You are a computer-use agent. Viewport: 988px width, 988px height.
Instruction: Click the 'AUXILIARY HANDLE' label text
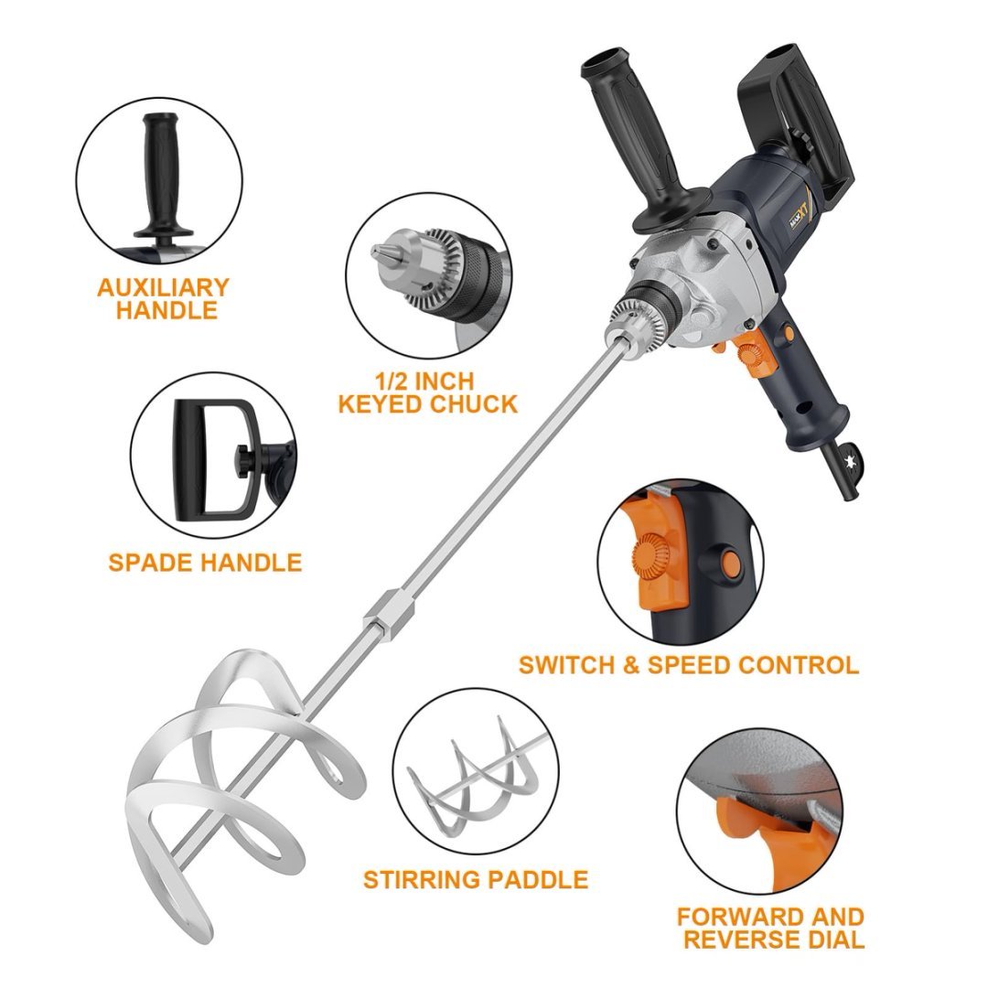pyautogui.click(x=163, y=298)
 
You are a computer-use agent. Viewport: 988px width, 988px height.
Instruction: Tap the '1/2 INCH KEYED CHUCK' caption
pyautogui.click(x=427, y=392)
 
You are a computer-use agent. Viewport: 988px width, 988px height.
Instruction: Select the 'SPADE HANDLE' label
pyautogui.click(x=205, y=562)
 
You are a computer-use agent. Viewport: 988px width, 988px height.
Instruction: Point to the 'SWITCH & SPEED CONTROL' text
pyautogui.click(x=688, y=664)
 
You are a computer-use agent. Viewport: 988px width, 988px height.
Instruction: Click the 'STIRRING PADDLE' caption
pyautogui.click(x=475, y=880)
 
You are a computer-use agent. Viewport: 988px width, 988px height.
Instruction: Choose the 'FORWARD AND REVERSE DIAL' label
pyautogui.click(x=770, y=927)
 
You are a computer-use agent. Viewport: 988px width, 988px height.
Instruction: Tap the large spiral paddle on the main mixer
pyautogui.click(x=220, y=778)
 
